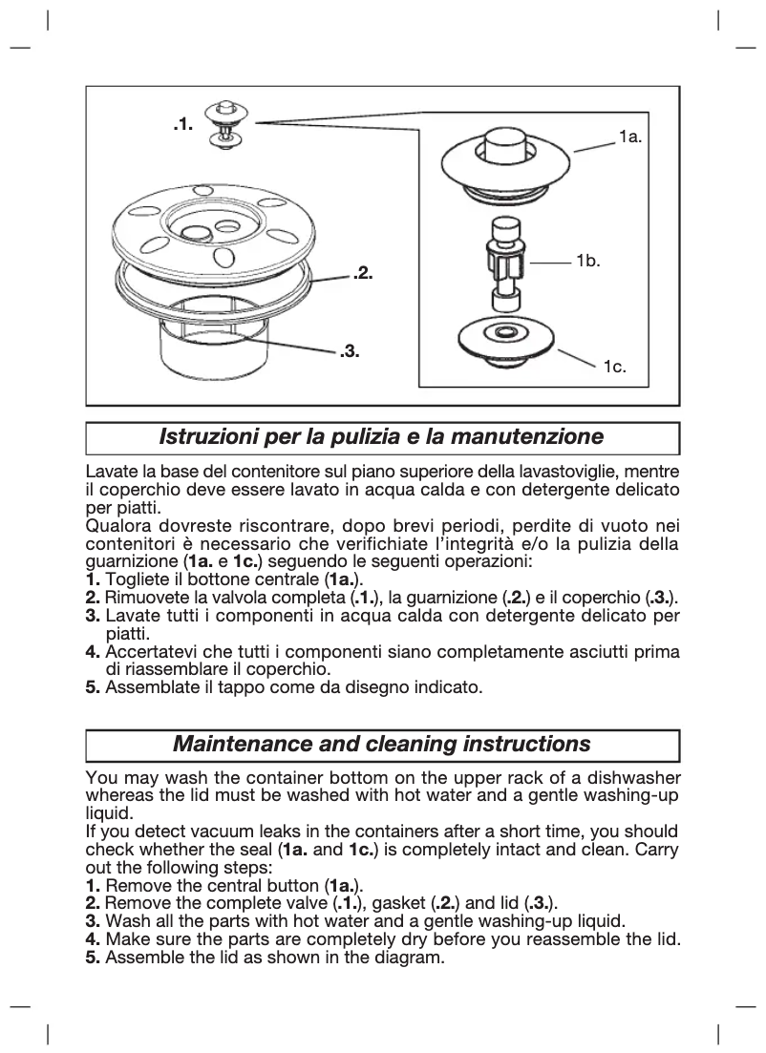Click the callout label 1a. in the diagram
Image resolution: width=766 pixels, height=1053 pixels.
coord(630,137)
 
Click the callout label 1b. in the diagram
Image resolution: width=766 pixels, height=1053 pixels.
coord(587,260)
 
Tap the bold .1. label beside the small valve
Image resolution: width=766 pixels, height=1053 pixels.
coord(183,123)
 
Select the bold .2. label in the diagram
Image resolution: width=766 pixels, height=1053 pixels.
coord(362,274)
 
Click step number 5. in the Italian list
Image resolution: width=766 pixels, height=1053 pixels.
coord(93,686)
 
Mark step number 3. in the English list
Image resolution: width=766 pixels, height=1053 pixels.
coord(93,921)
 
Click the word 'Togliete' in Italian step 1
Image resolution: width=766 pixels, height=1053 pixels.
coord(136,580)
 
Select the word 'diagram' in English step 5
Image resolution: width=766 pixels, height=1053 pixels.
coord(413,958)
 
